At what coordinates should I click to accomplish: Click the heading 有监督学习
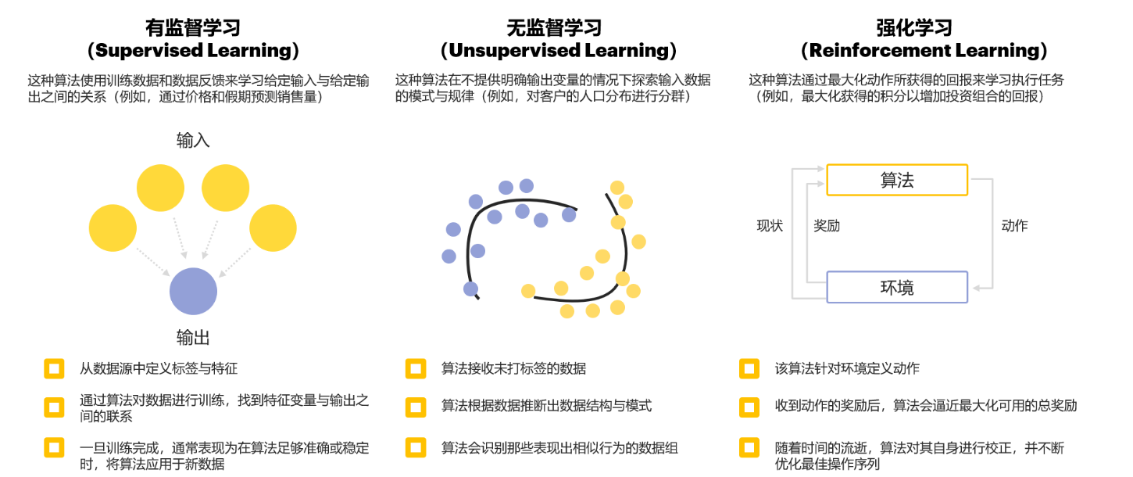193,28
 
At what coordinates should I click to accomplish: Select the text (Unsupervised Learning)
558,51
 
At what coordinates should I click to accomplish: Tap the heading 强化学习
924,28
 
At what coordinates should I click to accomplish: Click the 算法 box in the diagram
897,180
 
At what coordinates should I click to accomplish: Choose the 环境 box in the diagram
897,287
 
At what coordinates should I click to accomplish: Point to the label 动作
1014,226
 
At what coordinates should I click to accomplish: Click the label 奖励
827,226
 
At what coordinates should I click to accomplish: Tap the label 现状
770,226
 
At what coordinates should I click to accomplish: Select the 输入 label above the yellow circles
193,141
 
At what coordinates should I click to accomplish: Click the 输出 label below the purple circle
193,338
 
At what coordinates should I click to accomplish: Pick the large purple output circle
193,291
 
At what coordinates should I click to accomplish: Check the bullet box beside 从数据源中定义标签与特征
54,368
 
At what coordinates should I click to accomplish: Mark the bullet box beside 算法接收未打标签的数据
416,368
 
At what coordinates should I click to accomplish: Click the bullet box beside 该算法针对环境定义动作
749,368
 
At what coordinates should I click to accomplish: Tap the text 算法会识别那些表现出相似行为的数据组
559,448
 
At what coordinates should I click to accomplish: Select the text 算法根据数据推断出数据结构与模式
546,406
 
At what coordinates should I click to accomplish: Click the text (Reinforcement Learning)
924,51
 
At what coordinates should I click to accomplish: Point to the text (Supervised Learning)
193,51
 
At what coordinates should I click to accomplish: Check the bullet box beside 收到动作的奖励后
749,406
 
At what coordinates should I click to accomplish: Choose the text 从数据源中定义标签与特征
159,368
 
